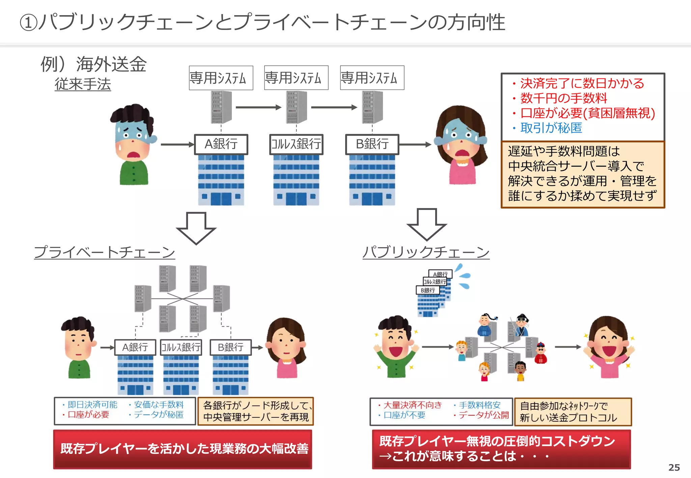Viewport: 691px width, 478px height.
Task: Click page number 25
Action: (x=674, y=467)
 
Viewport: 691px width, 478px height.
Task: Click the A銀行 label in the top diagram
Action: (x=221, y=144)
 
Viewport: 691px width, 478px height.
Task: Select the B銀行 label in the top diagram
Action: (x=372, y=144)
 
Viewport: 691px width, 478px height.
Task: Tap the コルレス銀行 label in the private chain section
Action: (x=181, y=347)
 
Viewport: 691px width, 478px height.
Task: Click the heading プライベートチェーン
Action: (x=105, y=252)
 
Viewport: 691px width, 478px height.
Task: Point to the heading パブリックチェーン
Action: (x=426, y=252)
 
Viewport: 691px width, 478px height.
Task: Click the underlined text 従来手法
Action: (x=83, y=84)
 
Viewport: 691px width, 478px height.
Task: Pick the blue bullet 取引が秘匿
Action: (x=551, y=128)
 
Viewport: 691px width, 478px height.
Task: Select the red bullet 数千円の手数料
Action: (x=563, y=98)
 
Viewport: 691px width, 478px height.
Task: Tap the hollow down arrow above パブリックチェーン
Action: (x=427, y=224)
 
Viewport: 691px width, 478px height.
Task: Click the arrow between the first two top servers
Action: (x=258, y=108)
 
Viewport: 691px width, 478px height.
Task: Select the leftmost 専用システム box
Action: (x=221, y=78)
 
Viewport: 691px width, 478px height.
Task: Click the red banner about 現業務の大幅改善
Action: (x=183, y=449)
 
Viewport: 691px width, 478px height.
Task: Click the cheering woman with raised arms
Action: (x=609, y=347)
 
